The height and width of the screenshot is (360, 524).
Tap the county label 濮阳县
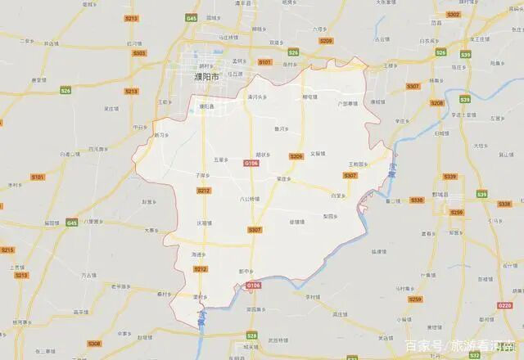click(x=206, y=106)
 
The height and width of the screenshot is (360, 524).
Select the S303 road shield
click(x=139, y=53)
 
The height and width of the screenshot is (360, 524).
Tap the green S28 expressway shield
click(x=251, y=336)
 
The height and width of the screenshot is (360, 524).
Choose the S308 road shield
click(x=95, y=344)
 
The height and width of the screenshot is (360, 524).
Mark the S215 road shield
click(x=7, y=250)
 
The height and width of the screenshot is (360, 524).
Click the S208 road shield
click(x=436, y=103)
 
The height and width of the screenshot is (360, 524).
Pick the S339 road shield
click(x=449, y=177)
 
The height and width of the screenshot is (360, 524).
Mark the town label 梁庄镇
click(x=284, y=178)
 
